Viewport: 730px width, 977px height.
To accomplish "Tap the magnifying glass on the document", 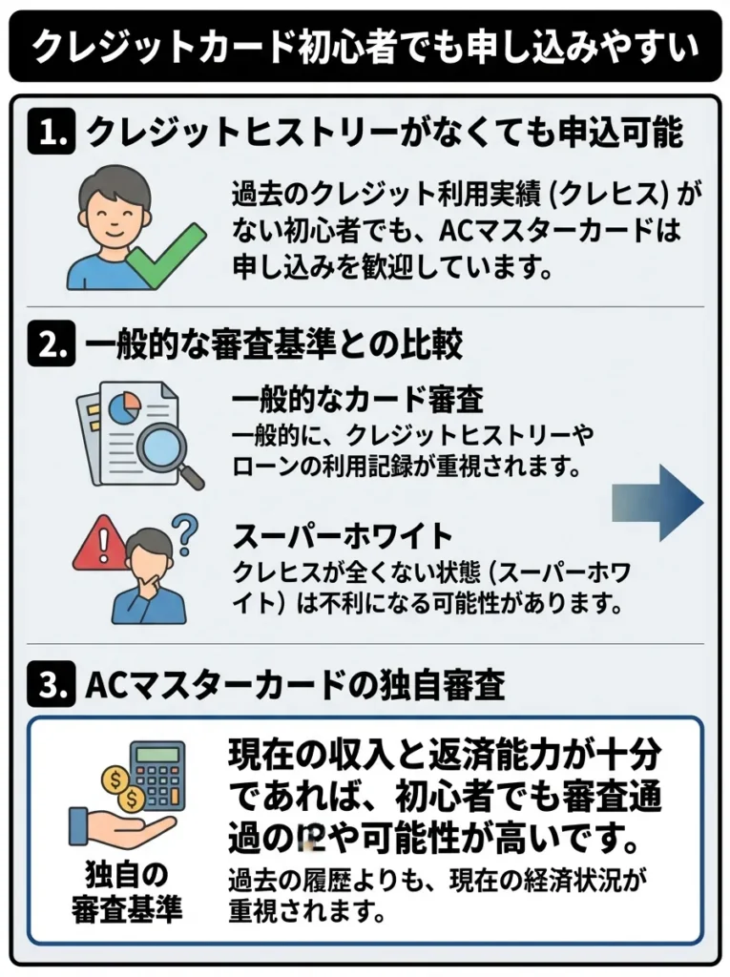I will coord(163,449).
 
